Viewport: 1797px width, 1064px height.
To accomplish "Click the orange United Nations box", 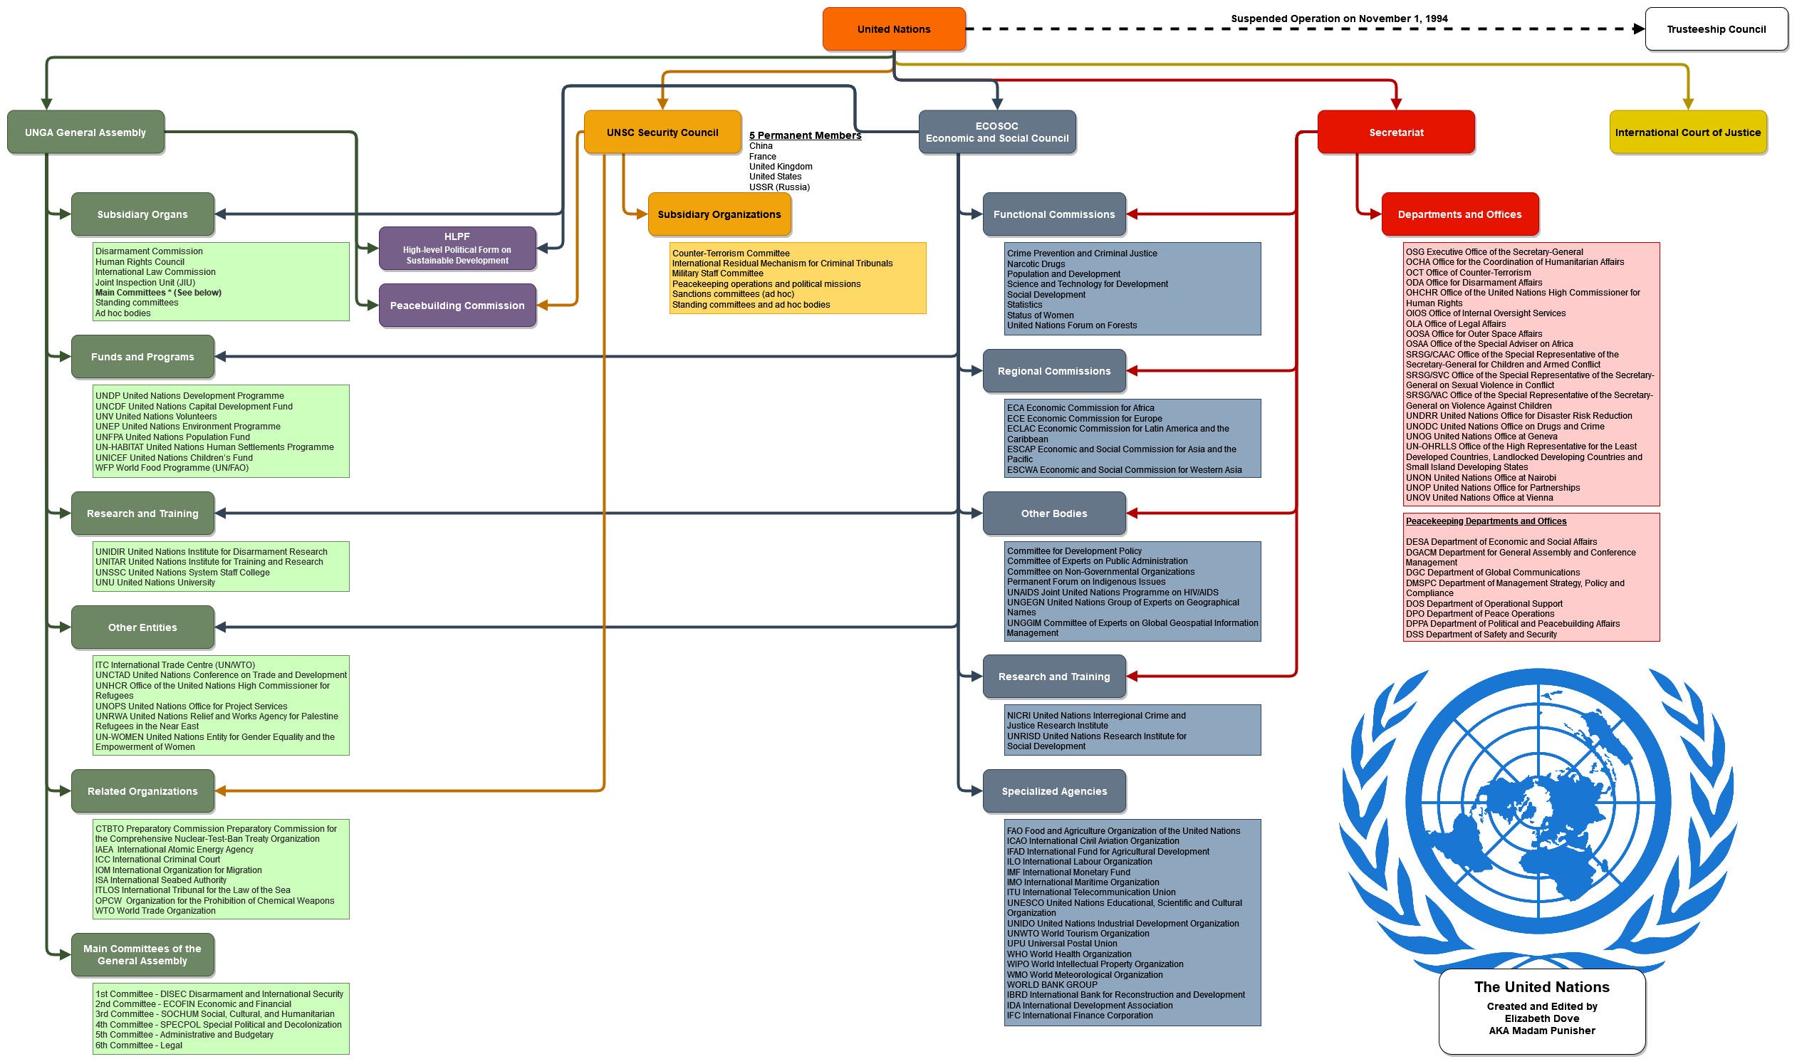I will (893, 29).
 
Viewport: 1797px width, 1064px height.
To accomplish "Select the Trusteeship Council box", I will (1716, 29).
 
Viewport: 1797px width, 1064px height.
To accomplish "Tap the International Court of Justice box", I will (1687, 132).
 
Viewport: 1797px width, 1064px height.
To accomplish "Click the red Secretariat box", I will (1395, 132).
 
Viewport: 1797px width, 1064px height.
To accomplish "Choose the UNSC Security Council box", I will (662, 132).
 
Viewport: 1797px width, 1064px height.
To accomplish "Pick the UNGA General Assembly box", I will (85, 132).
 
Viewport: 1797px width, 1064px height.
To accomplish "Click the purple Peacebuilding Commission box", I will (457, 306).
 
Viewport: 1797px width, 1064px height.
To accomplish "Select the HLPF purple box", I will (457, 248).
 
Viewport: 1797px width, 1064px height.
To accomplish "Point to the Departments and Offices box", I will (1459, 214).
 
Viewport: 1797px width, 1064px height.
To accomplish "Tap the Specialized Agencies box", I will (1053, 791).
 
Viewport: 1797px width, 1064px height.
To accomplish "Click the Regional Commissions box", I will (1053, 371).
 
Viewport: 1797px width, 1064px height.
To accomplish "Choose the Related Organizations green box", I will (142, 791).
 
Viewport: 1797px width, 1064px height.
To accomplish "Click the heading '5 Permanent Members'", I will (805, 135).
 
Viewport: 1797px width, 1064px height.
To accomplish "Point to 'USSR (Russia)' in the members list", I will (778, 187).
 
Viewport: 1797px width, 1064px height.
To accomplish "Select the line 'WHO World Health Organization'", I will (1068, 954).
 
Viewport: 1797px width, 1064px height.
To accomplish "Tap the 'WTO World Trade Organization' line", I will (155, 912).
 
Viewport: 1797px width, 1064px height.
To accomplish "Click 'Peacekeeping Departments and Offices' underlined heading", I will (1485, 521).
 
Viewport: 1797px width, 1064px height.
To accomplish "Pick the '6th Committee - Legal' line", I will (138, 1045).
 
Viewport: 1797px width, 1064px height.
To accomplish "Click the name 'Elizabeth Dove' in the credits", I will (1541, 1018).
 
